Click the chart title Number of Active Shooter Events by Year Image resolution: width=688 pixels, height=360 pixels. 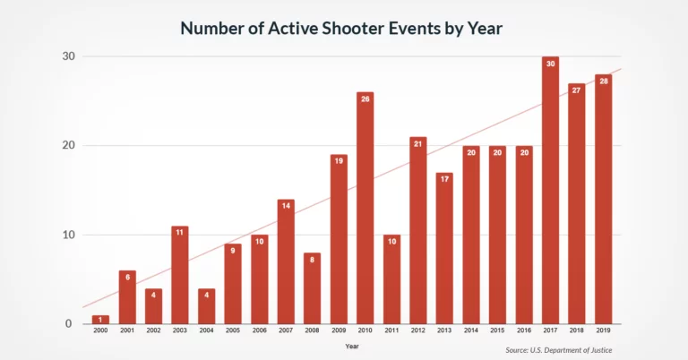coord(341,28)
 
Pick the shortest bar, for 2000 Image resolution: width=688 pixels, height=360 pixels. coord(100,320)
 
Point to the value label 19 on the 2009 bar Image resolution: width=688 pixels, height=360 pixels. coord(339,161)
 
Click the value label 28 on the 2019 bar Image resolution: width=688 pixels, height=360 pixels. coord(603,81)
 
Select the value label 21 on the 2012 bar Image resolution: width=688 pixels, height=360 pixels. coord(418,144)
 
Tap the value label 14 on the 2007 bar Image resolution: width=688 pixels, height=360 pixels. coord(286,206)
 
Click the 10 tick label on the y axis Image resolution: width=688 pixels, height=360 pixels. coord(67,235)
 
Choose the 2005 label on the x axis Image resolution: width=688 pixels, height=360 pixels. coord(233,331)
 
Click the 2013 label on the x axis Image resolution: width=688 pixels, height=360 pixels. coord(444,331)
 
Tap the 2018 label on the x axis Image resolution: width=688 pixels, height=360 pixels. coord(577,331)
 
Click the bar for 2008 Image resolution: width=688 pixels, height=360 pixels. coord(312,288)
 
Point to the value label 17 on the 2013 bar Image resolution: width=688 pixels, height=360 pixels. coord(444,179)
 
